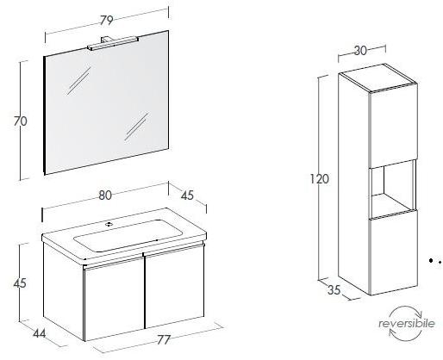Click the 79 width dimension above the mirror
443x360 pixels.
(107, 21)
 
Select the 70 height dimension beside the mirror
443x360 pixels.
(21, 121)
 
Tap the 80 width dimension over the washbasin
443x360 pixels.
(105, 196)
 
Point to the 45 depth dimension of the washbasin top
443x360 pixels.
(187, 196)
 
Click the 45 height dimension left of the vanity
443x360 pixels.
(20, 283)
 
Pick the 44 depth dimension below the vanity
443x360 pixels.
(40, 333)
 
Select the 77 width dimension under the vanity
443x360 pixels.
(164, 339)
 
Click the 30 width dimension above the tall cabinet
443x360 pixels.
(360, 51)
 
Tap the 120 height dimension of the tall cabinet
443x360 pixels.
(319, 179)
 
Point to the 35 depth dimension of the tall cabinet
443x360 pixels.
(334, 290)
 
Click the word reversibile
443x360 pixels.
(407, 324)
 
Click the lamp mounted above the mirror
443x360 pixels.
(113, 43)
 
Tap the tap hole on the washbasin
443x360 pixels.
(109, 224)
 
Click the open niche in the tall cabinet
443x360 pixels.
(392, 189)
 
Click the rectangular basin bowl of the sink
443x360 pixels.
(128, 236)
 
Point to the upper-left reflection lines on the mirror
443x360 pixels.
(78, 81)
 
